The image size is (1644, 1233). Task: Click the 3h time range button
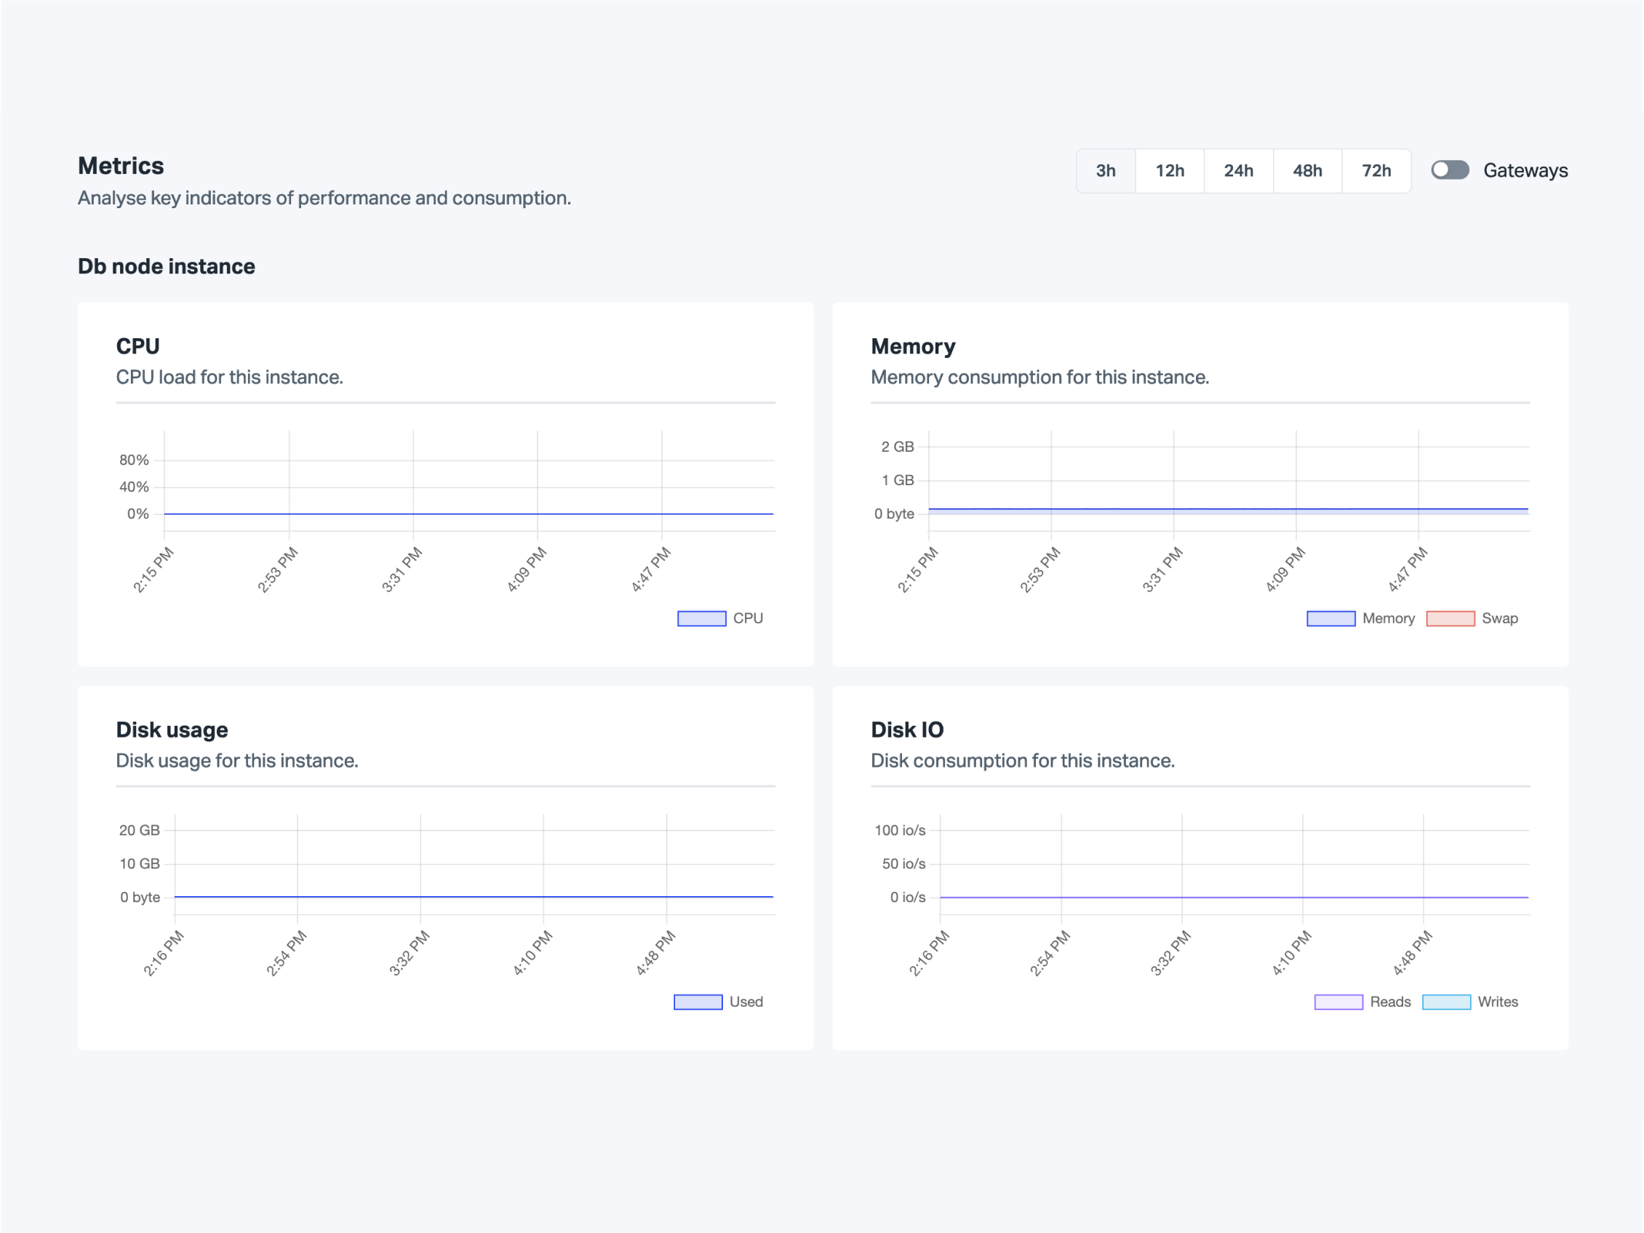click(x=1105, y=171)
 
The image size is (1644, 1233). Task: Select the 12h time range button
click(x=1169, y=171)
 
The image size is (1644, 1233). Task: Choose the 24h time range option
click(x=1238, y=171)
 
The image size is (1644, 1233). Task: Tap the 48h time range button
click(x=1307, y=171)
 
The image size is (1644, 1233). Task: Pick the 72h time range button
click(x=1376, y=171)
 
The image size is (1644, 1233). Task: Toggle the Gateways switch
click(x=1449, y=170)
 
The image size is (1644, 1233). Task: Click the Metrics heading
click(x=121, y=166)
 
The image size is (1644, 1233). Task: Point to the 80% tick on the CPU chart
click(x=134, y=460)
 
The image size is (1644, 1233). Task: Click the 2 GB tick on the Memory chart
click(x=897, y=447)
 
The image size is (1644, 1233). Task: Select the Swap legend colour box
click(x=1450, y=618)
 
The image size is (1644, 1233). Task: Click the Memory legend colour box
click(x=1330, y=618)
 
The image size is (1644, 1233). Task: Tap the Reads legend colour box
click(x=1338, y=1002)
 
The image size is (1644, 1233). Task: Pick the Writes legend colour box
click(x=1445, y=1002)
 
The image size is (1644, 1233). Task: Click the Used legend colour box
click(x=698, y=1002)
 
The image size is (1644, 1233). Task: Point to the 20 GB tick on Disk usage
click(x=140, y=830)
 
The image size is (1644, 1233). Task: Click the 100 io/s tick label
click(x=899, y=830)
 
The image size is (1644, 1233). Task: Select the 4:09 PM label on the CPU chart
click(x=527, y=570)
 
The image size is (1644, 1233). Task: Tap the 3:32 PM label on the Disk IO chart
click(x=1170, y=953)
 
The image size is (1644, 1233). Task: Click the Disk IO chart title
click(x=906, y=730)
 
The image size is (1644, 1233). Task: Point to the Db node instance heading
click(x=167, y=266)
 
